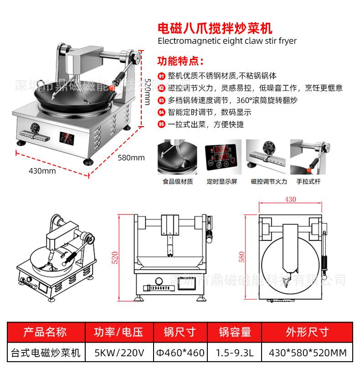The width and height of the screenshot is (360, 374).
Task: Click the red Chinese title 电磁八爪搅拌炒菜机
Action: click(215, 28)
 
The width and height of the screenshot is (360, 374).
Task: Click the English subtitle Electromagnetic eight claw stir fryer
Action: click(227, 41)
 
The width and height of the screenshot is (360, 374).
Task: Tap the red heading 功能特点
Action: click(180, 61)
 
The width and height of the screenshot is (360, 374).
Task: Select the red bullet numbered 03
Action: click(161, 100)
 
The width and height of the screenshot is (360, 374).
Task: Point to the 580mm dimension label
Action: click(131, 158)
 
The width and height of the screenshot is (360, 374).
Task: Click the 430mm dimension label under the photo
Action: click(42, 171)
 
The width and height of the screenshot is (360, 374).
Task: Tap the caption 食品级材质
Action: click(178, 181)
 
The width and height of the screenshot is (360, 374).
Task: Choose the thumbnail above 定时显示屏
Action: click(222, 158)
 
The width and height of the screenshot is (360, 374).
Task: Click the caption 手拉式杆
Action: click(309, 181)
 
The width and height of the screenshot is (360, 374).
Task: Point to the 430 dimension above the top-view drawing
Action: click(290, 199)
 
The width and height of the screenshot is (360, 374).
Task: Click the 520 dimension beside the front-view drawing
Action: click(115, 257)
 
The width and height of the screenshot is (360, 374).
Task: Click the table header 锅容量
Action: click(235, 332)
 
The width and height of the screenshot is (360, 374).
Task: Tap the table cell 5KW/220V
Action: click(119, 353)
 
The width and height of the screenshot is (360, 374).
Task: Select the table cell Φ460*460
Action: click(180, 353)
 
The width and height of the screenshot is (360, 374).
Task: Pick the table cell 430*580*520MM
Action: click(308, 353)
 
